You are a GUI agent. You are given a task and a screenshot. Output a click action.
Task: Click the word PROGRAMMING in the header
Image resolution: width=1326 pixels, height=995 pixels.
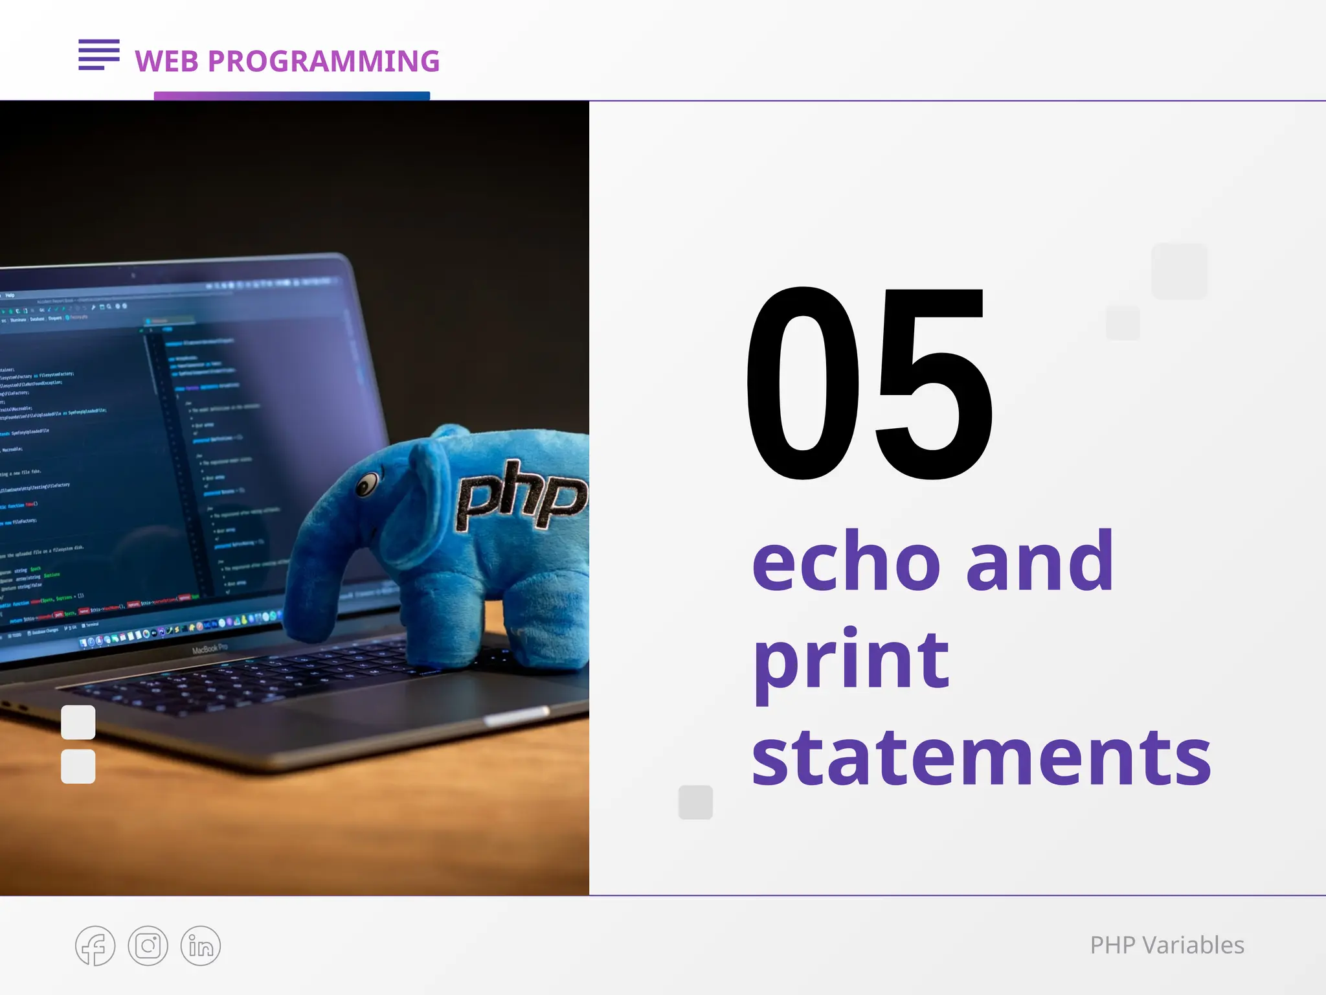click(324, 62)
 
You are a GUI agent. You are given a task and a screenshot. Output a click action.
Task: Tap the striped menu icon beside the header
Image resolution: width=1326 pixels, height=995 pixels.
click(99, 54)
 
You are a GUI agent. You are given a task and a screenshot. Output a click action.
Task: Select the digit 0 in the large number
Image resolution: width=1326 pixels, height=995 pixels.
click(803, 383)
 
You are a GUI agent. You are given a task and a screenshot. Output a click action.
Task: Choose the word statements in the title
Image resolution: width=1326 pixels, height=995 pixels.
click(980, 757)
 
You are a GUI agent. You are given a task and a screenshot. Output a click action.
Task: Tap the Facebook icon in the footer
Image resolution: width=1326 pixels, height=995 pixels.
click(95, 946)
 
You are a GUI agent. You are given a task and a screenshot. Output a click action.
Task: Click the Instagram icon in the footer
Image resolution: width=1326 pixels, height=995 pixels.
click(148, 946)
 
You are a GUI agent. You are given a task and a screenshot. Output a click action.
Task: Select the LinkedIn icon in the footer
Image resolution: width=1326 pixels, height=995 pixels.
click(201, 946)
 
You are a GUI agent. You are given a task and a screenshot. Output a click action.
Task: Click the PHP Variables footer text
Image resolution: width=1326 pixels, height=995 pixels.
click(1167, 945)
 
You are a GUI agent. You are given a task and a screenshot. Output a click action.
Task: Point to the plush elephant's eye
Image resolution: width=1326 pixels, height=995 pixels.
click(367, 484)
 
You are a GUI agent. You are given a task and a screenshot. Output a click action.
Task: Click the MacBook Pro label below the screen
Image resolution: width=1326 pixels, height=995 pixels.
click(210, 648)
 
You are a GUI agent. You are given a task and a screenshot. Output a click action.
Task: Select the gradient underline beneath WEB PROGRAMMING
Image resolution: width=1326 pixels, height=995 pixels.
click(291, 96)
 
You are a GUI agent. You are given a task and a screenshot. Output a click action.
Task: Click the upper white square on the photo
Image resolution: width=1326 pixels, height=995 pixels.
click(78, 722)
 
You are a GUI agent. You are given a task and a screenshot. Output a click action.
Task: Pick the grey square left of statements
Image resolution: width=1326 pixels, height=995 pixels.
click(695, 802)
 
